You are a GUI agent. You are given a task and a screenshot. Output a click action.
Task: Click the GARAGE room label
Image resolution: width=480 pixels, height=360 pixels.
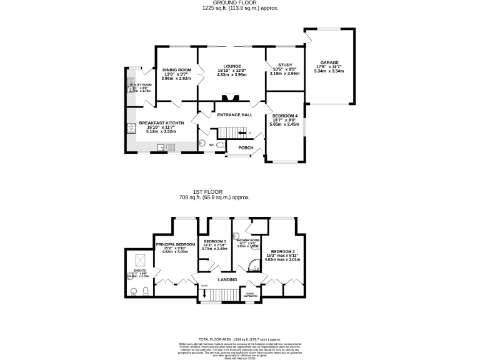point(329,62)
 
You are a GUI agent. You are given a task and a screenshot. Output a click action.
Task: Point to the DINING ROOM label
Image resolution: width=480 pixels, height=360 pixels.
point(176,69)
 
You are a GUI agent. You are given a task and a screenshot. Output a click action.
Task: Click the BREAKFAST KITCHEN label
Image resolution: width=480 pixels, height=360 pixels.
point(161,123)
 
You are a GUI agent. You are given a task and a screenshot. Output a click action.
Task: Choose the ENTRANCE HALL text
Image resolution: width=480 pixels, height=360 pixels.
point(234,115)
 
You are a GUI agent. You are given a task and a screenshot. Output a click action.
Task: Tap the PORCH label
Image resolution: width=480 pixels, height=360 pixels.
point(246,148)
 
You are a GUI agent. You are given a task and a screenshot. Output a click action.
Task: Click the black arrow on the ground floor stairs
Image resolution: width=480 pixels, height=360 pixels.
point(241,133)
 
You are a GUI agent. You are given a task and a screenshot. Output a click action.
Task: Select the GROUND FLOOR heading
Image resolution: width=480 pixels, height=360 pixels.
point(240,3)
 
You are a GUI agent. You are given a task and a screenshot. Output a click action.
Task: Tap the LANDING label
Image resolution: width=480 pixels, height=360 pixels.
point(227,279)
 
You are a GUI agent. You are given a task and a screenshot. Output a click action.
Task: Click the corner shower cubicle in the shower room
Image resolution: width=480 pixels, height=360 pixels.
point(254,266)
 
